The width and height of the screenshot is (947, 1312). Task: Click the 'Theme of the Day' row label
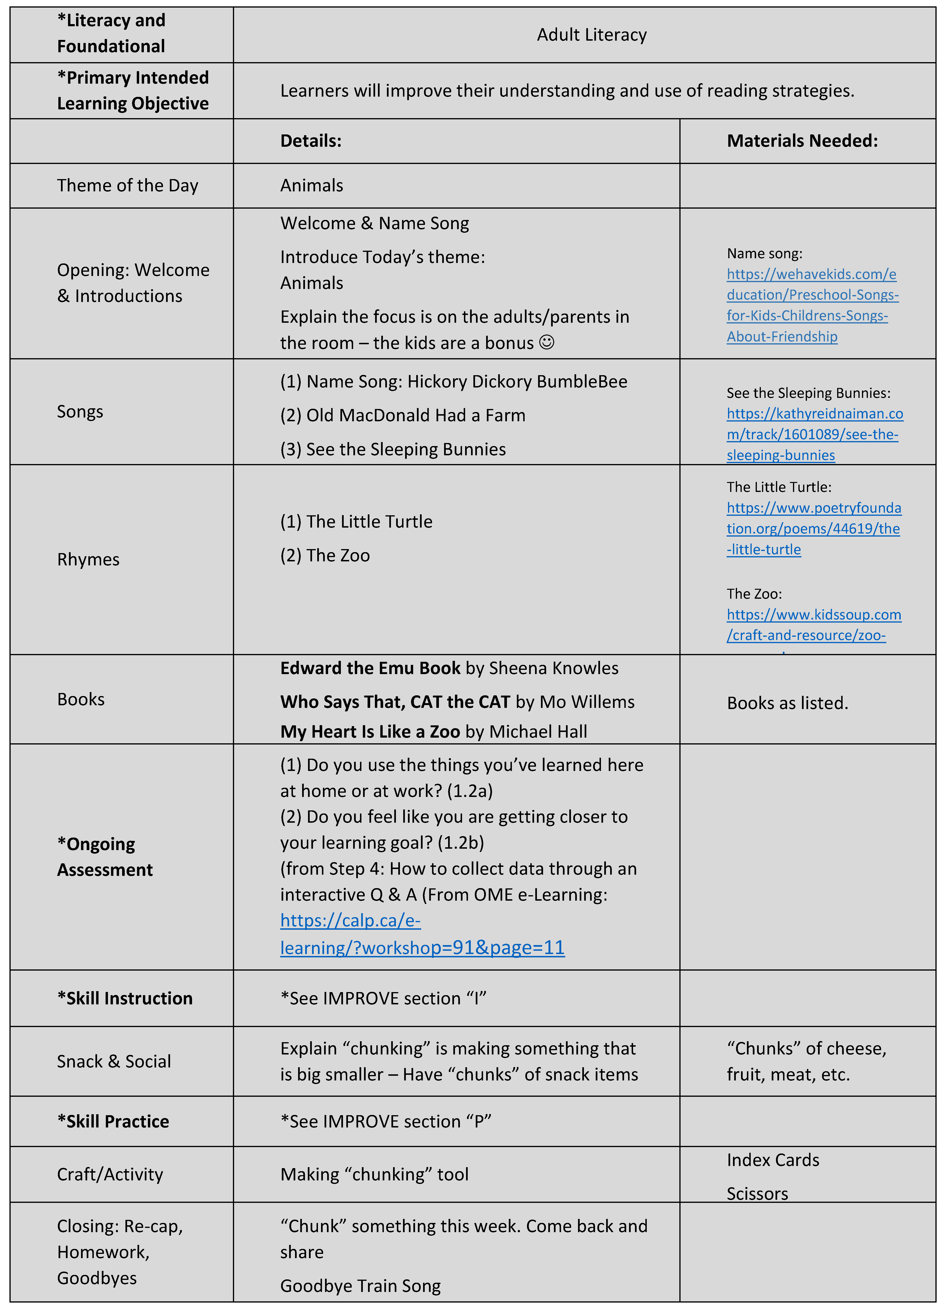tap(127, 186)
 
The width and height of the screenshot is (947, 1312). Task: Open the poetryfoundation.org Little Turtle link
tap(813, 529)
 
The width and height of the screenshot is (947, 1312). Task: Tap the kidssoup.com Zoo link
tap(813, 625)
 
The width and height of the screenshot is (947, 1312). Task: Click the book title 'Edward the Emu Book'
tap(370, 668)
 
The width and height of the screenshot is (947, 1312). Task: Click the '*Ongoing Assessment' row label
tap(105, 857)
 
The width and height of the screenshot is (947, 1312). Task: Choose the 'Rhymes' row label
tap(88, 559)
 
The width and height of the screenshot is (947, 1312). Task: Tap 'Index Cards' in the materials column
tap(773, 1160)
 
